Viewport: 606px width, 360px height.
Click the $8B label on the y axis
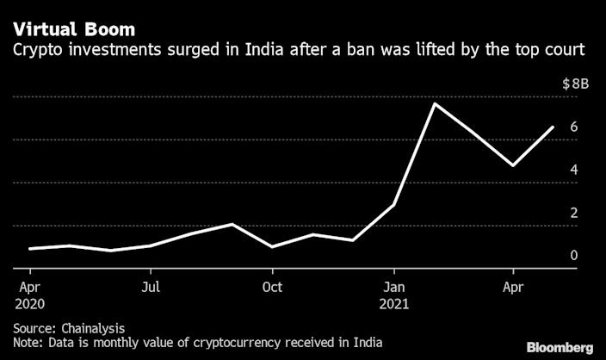coord(576,84)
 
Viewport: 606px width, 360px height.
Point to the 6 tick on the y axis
coord(572,127)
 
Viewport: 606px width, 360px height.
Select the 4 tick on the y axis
coord(572,170)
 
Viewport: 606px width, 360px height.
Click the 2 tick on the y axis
coord(572,213)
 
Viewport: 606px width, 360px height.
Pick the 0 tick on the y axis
coord(572,255)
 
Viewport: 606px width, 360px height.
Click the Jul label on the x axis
coord(151,287)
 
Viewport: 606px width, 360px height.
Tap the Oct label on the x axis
coord(273,287)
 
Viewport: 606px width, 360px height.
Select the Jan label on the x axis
coord(394,287)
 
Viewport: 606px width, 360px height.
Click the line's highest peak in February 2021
coord(435,104)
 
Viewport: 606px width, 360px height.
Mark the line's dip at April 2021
coord(514,165)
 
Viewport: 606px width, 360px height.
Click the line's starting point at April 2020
coord(30,249)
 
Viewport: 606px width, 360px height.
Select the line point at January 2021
coord(394,205)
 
